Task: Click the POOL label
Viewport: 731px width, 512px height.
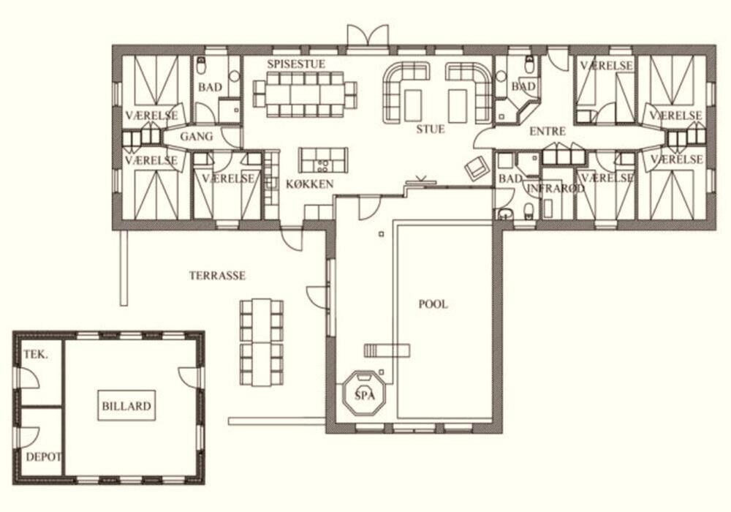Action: [x=433, y=304]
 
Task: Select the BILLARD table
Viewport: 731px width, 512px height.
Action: [x=126, y=406]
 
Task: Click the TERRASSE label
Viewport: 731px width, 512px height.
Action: [x=217, y=276]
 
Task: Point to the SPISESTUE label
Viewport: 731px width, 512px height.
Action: [x=296, y=64]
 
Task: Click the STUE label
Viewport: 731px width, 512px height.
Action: [x=431, y=129]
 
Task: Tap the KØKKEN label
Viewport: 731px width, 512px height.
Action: [x=309, y=184]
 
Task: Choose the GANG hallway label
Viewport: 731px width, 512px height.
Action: [x=196, y=137]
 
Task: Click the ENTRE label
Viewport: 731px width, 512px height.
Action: [x=548, y=132]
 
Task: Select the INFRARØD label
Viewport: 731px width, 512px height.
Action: [x=556, y=189]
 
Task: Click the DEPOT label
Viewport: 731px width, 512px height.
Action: [x=43, y=457]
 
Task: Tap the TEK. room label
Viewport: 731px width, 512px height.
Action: [x=35, y=355]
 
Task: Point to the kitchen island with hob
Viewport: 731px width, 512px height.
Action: [x=323, y=160]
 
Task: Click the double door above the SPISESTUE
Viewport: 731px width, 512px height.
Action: [x=368, y=36]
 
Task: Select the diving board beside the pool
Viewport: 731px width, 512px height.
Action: [x=387, y=350]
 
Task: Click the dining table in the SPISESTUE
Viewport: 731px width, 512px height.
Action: [x=305, y=94]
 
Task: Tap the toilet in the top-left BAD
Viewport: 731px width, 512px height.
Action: [x=202, y=67]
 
